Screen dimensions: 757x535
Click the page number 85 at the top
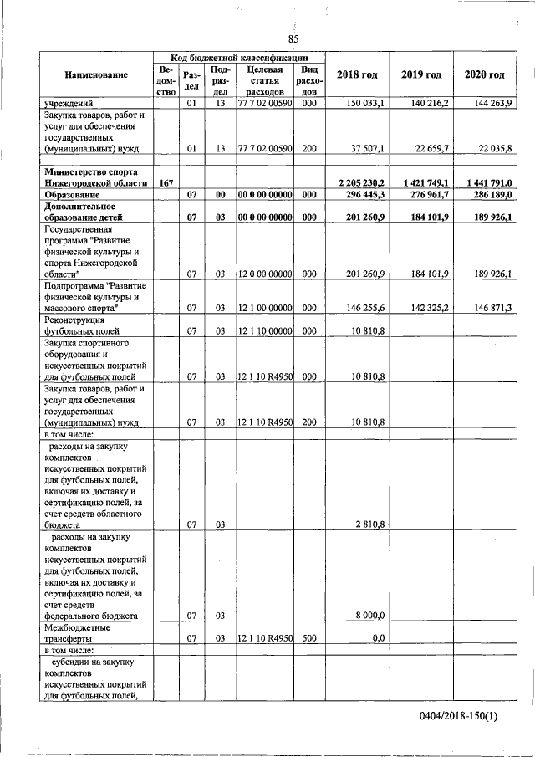pos(293,39)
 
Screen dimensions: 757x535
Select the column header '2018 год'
pos(357,75)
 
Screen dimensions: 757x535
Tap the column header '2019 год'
pos(421,75)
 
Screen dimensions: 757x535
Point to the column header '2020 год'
pos(485,75)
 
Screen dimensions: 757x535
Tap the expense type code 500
pos(308,638)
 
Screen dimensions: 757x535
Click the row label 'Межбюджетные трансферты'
pos(77,632)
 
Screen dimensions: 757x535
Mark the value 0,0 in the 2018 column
pos(377,638)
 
